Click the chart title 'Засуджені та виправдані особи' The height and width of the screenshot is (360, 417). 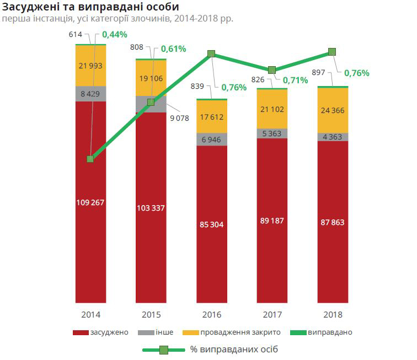point(90,7)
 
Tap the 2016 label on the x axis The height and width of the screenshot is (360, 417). point(212,315)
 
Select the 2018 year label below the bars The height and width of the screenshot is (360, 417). point(333,315)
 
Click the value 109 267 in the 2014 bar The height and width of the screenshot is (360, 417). point(90,202)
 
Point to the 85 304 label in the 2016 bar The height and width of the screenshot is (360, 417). point(212,224)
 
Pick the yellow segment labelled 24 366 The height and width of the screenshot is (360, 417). point(333,110)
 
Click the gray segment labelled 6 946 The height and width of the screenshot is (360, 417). point(212,139)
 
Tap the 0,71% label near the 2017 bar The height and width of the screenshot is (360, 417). point(296,81)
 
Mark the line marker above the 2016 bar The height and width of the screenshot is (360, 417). point(211,54)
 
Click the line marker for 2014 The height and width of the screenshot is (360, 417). point(90,159)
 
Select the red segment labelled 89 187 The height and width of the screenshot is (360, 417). point(272,221)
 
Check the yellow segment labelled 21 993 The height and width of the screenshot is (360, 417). point(90,66)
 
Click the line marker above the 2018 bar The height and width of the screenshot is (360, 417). point(332,52)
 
